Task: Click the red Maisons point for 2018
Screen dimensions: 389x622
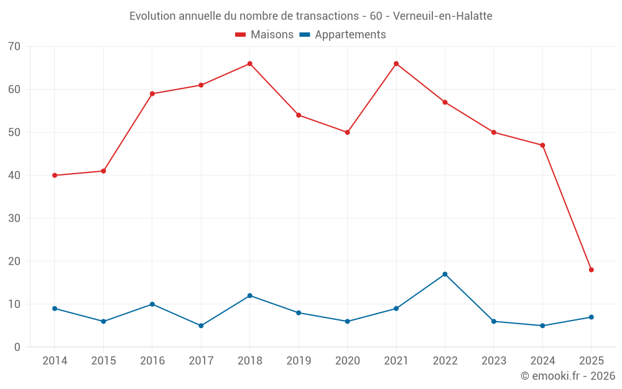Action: point(249,63)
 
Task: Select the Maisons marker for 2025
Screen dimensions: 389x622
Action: point(591,269)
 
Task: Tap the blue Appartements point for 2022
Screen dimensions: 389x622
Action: point(445,274)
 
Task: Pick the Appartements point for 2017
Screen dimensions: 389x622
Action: point(201,326)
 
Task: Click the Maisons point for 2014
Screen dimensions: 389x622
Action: point(55,176)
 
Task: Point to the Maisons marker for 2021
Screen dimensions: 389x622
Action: point(396,63)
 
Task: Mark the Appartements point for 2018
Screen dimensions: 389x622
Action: point(249,296)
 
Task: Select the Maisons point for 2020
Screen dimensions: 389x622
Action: point(347,133)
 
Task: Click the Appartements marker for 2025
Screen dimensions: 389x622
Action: point(591,317)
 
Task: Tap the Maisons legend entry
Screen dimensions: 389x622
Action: point(264,35)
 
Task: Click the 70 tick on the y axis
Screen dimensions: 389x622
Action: point(14,47)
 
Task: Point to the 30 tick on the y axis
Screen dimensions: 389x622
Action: point(14,218)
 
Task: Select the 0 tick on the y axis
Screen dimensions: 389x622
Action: point(17,347)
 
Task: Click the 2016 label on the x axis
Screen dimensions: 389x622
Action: point(152,361)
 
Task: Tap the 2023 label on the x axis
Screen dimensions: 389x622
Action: point(494,361)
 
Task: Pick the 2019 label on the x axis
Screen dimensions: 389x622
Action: point(299,361)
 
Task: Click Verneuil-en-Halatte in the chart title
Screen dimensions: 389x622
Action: point(443,16)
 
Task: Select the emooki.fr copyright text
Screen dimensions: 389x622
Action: point(568,376)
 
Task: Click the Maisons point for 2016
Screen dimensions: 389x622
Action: point(152,94)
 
